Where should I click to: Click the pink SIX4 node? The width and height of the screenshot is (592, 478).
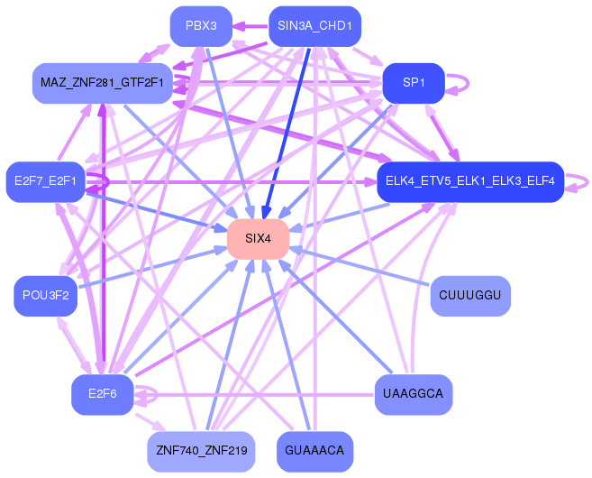click(x=258, y=238)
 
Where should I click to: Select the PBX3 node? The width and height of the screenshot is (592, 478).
click(x=201, y=25)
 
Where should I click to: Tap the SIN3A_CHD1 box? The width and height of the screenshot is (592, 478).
click(x=314, y=25)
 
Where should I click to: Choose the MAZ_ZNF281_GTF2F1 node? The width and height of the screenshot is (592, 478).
click(x=102, y=83)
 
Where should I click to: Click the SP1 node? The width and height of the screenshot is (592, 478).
click(x=414, y=82)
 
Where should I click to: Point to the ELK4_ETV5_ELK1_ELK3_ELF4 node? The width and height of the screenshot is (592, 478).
click(x=469, y=181)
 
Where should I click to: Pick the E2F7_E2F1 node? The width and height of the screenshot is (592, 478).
click(x=45, y=181)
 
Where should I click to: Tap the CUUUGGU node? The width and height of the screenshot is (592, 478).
click(x=470, y=296)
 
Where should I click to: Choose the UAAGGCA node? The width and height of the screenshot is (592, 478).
click(x=413, y=394)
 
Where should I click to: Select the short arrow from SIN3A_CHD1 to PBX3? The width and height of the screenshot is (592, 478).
click(x=250, y=25)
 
